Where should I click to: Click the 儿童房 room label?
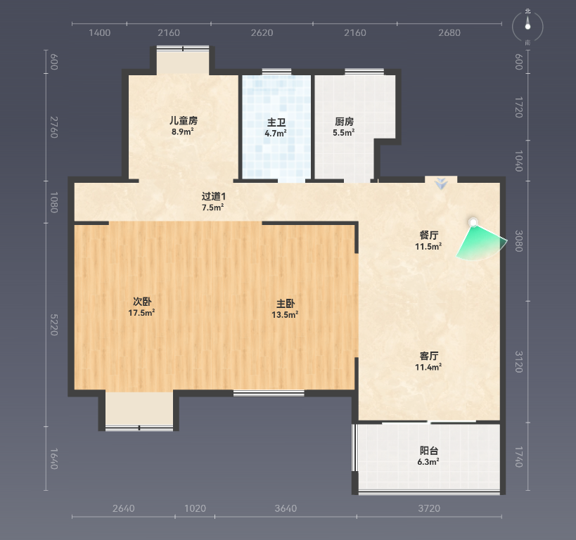[184, 120]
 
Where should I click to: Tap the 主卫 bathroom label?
[276, 122]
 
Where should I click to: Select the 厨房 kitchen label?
[344, 121]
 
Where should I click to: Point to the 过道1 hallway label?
[213, 196]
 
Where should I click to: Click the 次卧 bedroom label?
[142, 302]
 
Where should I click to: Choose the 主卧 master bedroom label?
[286, 304]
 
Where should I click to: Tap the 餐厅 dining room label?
[429, 235]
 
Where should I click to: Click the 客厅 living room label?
[429, 356]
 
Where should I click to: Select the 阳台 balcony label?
[429, 451]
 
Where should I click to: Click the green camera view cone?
[481, 243]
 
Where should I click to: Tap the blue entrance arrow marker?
[441, 184]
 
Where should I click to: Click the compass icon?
[528, 26]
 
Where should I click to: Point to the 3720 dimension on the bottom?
[429, 508]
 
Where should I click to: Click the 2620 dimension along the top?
[262, 32]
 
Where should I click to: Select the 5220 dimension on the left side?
[54, 325]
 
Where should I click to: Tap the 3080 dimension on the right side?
[518, 241]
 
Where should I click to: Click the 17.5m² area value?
[141, 313]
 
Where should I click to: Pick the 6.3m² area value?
[428, 462]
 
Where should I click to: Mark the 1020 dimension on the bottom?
[195, 508]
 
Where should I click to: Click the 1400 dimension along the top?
[100, 32]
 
